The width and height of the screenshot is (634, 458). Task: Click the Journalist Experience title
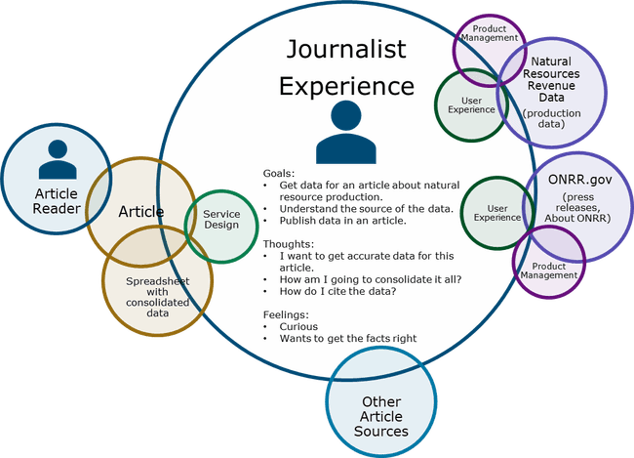coord(346,67)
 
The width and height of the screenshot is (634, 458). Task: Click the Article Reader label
coord(57,201)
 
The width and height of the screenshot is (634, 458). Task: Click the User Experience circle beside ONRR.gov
coord(496,211)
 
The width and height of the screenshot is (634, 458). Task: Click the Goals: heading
coord(278,172)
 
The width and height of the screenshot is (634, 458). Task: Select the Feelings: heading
coord(286,313)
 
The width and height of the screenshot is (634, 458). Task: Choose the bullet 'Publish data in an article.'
coord(342,222)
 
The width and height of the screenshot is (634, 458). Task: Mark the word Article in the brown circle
coord(141,211)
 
